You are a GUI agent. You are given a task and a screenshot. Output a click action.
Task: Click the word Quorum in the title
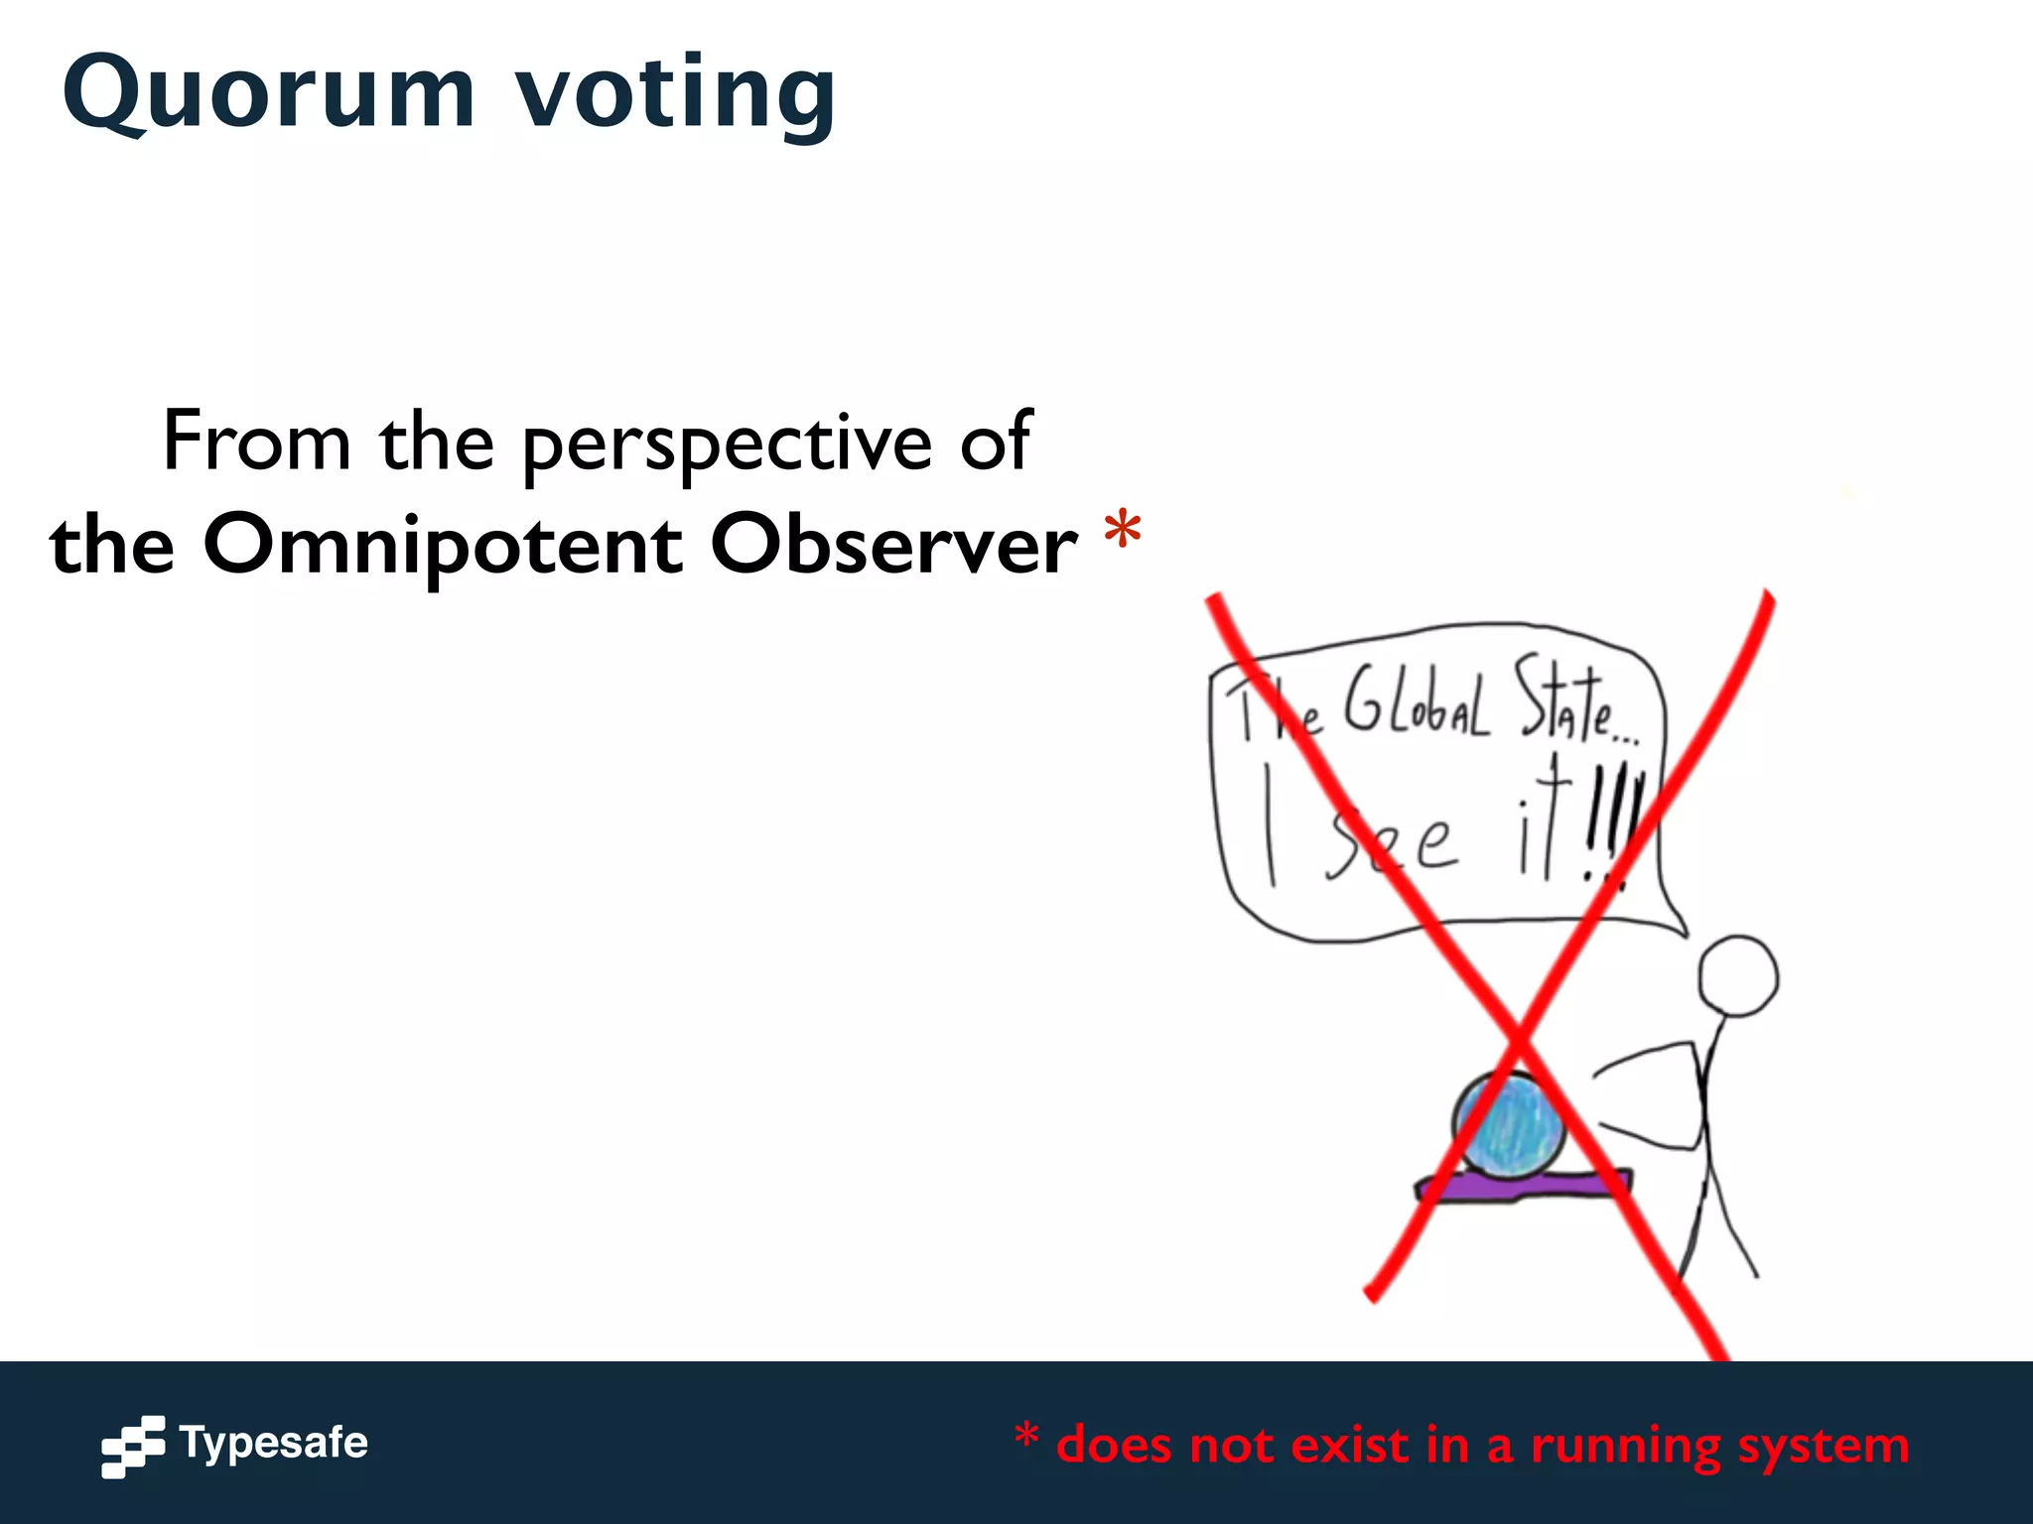[268, 94]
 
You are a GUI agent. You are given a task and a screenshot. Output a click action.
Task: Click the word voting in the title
[675, 94]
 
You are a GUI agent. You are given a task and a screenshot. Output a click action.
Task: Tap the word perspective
[727, 444]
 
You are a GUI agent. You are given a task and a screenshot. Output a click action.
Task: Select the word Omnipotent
[443, 545]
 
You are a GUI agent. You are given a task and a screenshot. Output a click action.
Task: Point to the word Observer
[893, 545]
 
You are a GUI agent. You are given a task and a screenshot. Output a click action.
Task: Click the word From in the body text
[256, 442]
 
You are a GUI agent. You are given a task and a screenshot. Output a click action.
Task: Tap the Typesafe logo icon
[133, 1446]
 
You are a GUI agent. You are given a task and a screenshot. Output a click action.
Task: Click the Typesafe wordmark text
[274, 1442]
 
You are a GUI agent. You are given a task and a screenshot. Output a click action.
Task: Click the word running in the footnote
[1625, 1446]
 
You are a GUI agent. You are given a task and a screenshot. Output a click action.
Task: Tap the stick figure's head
[1737, 976]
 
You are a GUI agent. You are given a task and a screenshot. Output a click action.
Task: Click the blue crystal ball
[1508, 1126]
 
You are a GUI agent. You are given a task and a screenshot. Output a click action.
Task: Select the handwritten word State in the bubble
[1563, 702]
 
